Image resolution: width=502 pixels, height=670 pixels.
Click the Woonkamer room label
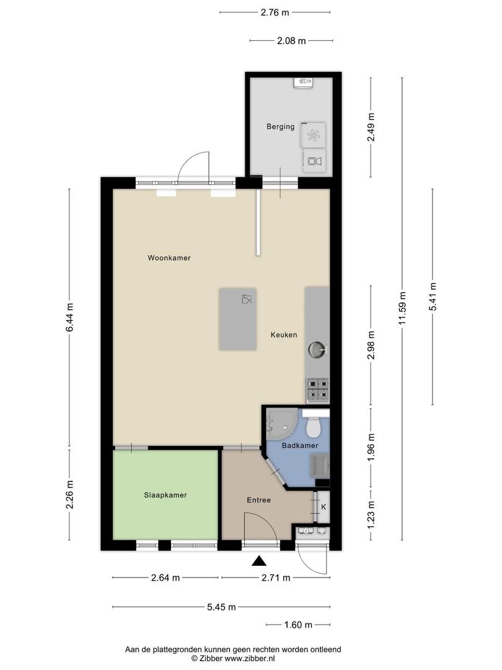[169, 257]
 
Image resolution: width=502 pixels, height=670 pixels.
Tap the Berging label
[281, 127]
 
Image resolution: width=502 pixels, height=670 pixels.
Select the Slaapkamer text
[165, 495]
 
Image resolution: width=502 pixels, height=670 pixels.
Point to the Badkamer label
[300, 445]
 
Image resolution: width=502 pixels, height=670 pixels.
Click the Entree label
[258, 500]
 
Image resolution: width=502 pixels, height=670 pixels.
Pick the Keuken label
[284, 335]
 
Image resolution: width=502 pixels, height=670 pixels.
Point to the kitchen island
[238, 319]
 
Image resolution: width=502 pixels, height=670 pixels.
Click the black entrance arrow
[258, 561]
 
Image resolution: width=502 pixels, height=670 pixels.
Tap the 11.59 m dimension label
[402, 308]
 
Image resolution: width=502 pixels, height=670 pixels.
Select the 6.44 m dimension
[70, 317]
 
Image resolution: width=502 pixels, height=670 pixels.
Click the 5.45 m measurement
[221, 607]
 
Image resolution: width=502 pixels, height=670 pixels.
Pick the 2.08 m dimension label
[291, 41]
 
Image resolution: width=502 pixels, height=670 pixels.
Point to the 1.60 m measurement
[298, 625]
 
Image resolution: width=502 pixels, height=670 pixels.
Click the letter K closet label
[324, 507]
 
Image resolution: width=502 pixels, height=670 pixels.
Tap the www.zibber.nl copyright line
[233, 658]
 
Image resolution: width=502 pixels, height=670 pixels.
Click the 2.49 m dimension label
[371, 127]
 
